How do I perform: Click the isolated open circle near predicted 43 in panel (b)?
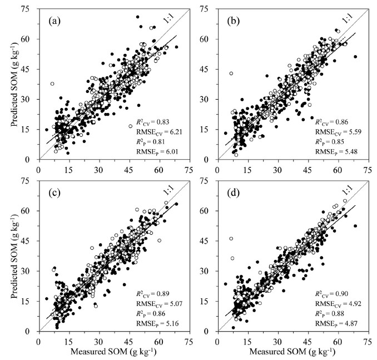[231, 73]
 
